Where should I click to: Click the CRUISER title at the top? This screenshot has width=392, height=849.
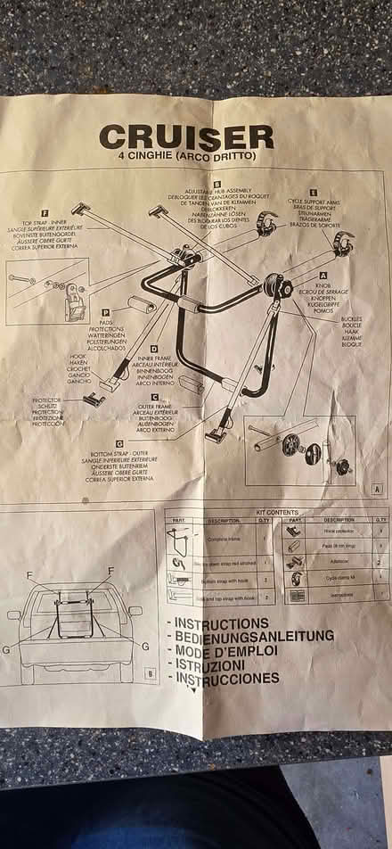coord(186,136)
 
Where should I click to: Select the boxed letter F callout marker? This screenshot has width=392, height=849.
coord(45,213)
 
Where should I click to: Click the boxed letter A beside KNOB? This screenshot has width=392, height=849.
coord(323,276)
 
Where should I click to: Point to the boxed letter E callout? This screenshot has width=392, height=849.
coord(313,192)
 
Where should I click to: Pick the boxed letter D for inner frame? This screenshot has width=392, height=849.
coord(154,349)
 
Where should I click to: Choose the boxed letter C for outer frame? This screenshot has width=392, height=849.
coord(155,397)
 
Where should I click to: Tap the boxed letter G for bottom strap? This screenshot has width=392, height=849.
coord(119,442)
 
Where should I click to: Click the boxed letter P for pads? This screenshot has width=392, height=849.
coord(105,312)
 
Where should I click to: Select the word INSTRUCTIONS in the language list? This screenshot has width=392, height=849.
coord(221,622)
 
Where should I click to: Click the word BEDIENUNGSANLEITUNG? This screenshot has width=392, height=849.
coord(254,636)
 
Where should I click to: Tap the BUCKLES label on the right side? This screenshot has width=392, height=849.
coord(351,318)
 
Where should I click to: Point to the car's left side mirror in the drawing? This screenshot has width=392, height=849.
coord(13,614)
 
